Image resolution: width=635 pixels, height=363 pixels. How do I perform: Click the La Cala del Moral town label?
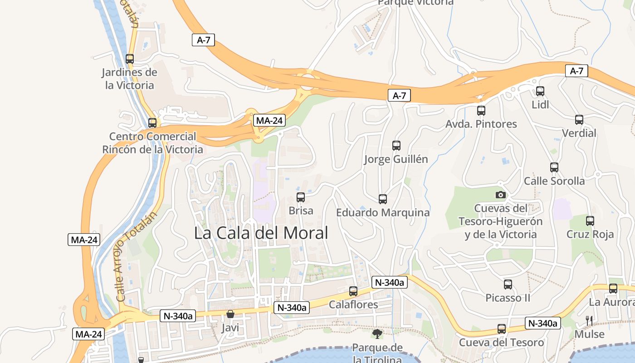click(x=261, y=233)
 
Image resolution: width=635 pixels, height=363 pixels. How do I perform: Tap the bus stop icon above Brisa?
click(x=301, y=197)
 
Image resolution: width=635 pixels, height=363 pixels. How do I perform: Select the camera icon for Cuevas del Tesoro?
click(x=500, y=195)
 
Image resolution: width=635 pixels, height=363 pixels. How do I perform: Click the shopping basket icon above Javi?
click(x=230, y=314)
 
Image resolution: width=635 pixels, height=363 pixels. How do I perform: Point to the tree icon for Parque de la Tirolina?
click(x=377, y=334)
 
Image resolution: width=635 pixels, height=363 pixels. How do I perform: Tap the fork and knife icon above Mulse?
click(x=589, y=321)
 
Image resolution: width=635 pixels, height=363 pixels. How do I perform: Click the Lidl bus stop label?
click(x=540, y=105)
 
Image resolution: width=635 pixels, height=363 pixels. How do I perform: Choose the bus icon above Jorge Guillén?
click(x=396, y=146)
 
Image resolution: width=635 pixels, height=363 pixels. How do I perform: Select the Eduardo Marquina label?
click(x=383, y=212)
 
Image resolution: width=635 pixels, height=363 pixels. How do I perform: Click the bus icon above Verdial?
click(x=579, y=120)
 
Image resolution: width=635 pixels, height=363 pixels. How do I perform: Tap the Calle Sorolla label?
click(x=554, y=181)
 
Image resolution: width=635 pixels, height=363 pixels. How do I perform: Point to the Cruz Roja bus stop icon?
click(x=590, y=221)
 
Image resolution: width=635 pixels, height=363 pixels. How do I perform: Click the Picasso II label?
click(x=508, y=298)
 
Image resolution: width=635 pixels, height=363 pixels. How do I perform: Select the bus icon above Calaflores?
click(x=353, y=291)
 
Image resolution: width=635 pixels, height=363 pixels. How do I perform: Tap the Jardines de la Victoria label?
click(x=130, y=78)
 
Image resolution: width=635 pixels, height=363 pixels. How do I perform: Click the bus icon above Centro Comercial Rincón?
click(x=152, y=123)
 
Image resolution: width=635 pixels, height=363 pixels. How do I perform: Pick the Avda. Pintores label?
click(x=481, y=124)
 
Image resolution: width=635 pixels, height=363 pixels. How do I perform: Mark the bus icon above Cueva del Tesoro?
click(x=502, y=329)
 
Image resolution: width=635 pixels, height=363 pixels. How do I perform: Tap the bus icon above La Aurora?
click(x=613, y=289)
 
